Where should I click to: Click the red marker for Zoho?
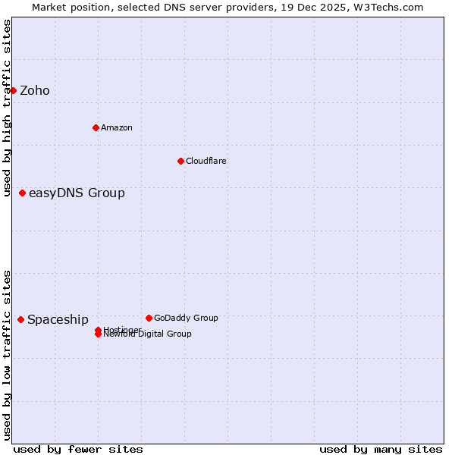click(x=13, y=91)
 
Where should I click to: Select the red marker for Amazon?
click(x=96, y=127)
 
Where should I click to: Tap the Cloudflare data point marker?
click(x=180, y=161)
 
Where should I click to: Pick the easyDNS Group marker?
click(x=22, y=193)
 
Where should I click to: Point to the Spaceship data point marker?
click(x=20, y=320)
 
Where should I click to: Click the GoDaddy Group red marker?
click(x=149, y=318)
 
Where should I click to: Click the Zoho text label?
click(x=35, y=91)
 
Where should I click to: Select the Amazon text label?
click(x=117, y=127)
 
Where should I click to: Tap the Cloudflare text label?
click(x=206, y=161)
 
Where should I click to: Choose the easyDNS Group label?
click(x=77, y=193)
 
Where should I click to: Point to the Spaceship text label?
click(x=58, y=320)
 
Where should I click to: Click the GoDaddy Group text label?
click(x=186, y=318)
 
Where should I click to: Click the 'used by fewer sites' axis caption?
click(x=78, y=449)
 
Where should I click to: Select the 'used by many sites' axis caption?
click(x=381, y=449)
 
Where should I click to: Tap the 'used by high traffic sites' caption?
click(x=7, y=108)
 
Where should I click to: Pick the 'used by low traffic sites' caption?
click(x=7, y=355)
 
